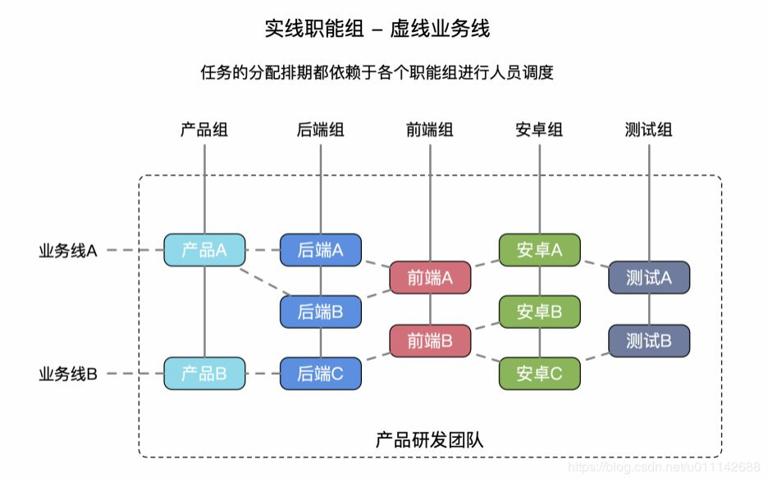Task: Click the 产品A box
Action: (x=204, y=250)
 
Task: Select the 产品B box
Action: (x=204, y=374)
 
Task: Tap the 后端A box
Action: (x=320, y=250)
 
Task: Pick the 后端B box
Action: (x=320, y=311)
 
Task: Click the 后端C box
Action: (x=320, y=374)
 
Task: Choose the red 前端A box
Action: (x=430, y=277)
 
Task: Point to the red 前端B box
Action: (x=430, y=341)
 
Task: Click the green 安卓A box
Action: (x=539, y=250)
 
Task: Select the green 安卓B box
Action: (x=539, y=311)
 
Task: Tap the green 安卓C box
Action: (x=539, y=374)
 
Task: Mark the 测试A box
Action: (x=649, y=277)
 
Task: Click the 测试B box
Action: (x=649, y=341)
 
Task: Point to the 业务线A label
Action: (x=68, y=251)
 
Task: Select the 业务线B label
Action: (x=68, y=375)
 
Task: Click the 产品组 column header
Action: (x=204, y=130)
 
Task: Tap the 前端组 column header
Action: (x=430, y=130)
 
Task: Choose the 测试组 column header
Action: (x=648, y=130)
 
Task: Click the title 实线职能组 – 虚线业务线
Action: (x=377, y=29)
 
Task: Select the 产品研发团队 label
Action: (x=430, y=439)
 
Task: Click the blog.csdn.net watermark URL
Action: (x=665, y=466)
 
